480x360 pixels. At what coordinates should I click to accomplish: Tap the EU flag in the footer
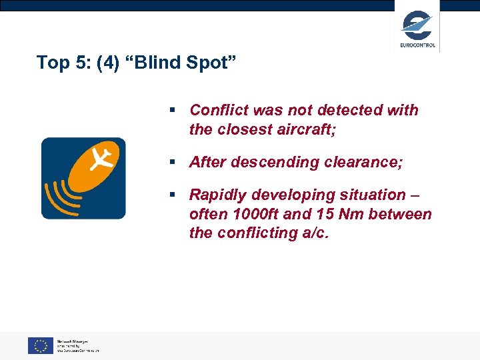tap(40, 345)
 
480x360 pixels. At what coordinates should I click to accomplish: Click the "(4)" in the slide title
tap(111, 63)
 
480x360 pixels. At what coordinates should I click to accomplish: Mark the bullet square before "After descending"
tap(173, 162)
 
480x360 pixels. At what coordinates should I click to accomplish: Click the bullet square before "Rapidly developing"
tap(173, 195)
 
